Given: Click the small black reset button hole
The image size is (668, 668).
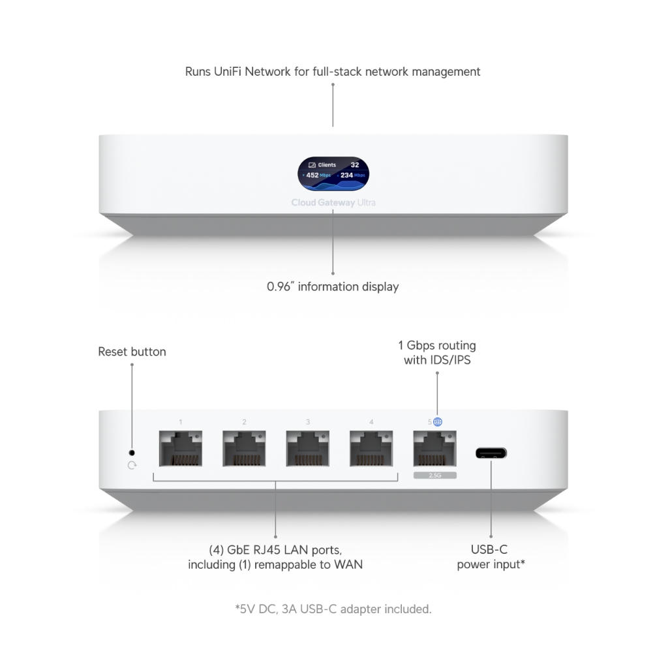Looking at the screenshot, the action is click(132, 453).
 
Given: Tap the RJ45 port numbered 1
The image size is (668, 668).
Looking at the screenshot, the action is click(181, 448).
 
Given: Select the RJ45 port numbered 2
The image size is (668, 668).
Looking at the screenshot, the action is click(244, 448).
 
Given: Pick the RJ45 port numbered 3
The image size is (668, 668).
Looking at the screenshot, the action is click(308, 448).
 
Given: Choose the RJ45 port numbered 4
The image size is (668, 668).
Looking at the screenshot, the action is click(371, 448).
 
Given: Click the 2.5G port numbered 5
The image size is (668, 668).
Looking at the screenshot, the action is click(434, 448).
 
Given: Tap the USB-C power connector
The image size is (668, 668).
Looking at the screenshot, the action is click(491, 453).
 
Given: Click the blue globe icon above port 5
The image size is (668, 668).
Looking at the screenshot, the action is click(438, 422).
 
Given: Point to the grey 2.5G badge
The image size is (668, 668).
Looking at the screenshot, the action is click(435, 475).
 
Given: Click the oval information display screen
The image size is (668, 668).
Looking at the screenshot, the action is click(333, 174).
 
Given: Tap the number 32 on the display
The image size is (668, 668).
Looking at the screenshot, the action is click(355, 165).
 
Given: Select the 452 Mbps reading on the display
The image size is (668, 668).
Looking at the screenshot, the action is click(318, 175).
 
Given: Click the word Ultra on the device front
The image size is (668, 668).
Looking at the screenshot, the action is click(367, 203).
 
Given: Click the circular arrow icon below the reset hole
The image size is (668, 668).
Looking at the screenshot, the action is click(132, 465).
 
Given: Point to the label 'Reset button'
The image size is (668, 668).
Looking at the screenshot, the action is click(132, 352).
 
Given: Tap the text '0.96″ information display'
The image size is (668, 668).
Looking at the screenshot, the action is click(333, 287).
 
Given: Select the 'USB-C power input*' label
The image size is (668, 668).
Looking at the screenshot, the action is click(491, 557).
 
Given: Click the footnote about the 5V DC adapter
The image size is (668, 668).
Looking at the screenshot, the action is click(333, 609).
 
